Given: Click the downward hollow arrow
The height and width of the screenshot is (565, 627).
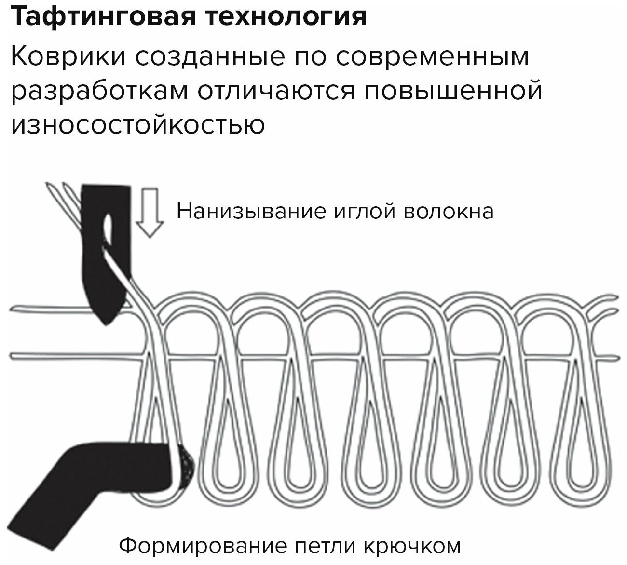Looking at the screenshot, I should [x=149, y=213].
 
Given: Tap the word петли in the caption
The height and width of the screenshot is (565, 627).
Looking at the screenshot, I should [x=309, y=546].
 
